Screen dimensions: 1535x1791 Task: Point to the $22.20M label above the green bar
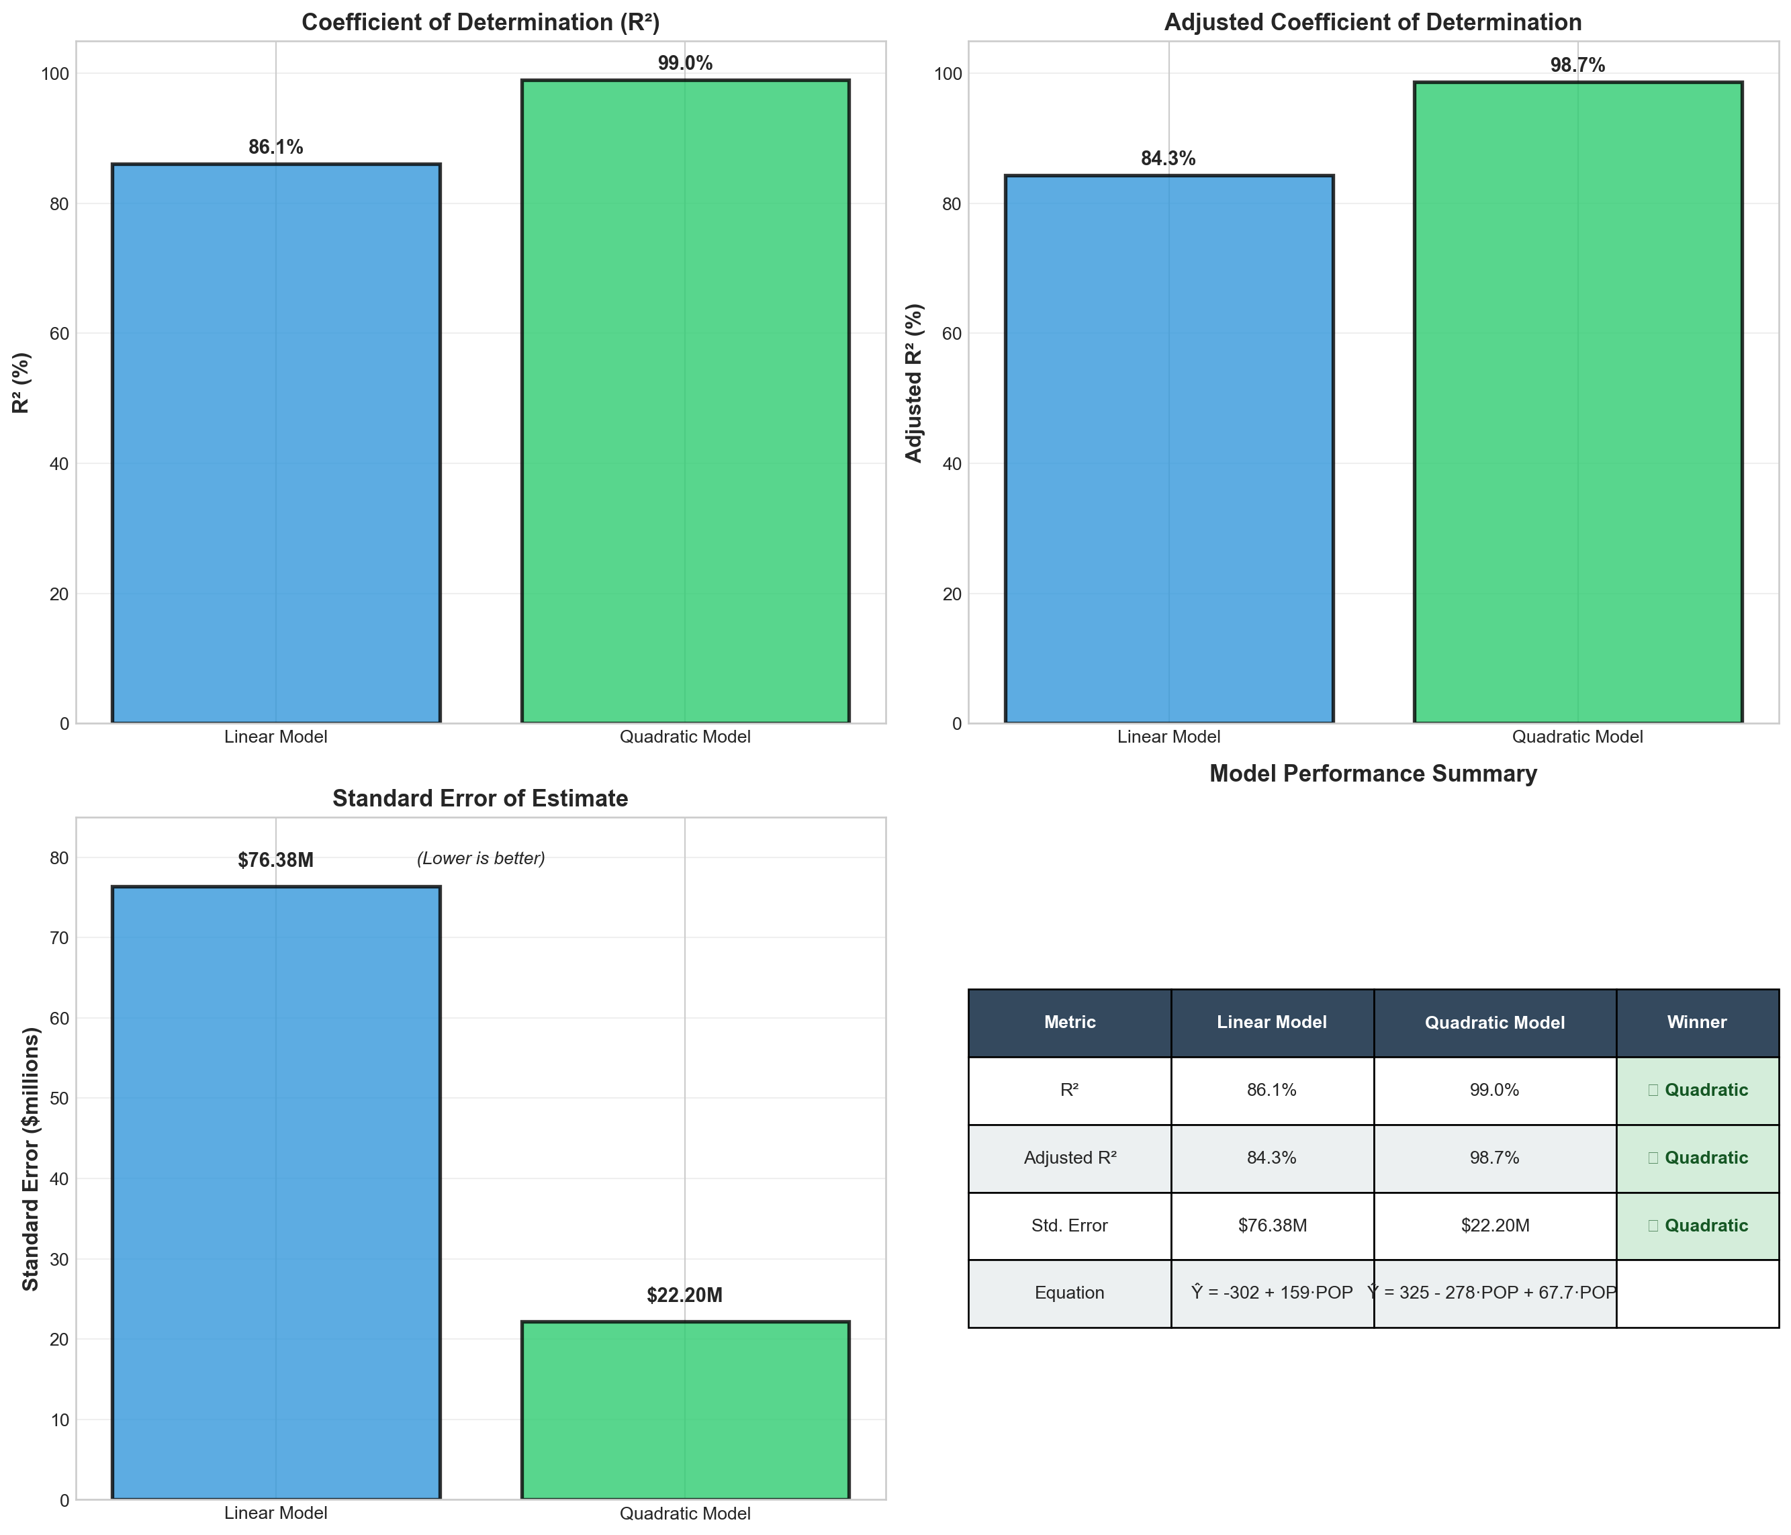click(x=684, y=1295)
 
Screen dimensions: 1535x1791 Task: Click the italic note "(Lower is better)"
click(x=481, y=858)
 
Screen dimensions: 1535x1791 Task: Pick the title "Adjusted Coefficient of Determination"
click(x=1373, y=22)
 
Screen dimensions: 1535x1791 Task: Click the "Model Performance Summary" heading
click(x=1373, y=774)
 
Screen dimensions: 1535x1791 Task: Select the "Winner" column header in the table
click(x=1697, y=1023)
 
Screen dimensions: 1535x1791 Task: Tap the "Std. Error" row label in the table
click(x=1069, y=1225)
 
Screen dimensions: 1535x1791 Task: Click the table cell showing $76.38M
click(x=1273, y=1225)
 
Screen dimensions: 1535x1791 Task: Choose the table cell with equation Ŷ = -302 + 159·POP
click(x=1273, y=1293)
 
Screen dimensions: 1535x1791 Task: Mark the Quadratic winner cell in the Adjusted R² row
click(x=1697, y=1158)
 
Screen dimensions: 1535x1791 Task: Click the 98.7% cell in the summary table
click(x=1495, y=1158)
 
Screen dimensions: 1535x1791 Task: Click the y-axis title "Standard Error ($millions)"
click(x=30, y=1159)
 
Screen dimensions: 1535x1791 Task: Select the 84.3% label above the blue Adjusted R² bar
click(x=1168, y=159)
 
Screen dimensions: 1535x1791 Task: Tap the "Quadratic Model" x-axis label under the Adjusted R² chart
click(x=1577, y=737)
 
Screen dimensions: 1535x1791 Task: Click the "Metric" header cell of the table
click(x=1069, y=1023)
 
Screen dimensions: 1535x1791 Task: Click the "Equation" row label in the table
click(x=1069, y=1293)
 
